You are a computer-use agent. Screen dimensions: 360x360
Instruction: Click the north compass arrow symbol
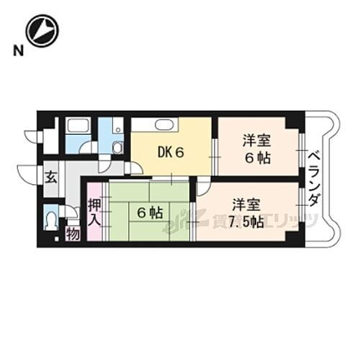click(42, 31)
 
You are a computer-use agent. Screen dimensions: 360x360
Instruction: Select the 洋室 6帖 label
click(257, 148)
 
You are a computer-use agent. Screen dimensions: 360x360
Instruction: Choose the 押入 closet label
click(95, 212)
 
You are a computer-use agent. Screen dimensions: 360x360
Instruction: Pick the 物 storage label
click(73, 233)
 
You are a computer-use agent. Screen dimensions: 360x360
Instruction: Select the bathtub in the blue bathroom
click(76, 128)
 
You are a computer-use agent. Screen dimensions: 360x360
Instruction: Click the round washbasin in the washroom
click(117, 148)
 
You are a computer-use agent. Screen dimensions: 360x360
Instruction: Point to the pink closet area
click(95, 212)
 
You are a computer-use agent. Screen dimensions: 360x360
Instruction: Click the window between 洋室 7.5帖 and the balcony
click(302, 212)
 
